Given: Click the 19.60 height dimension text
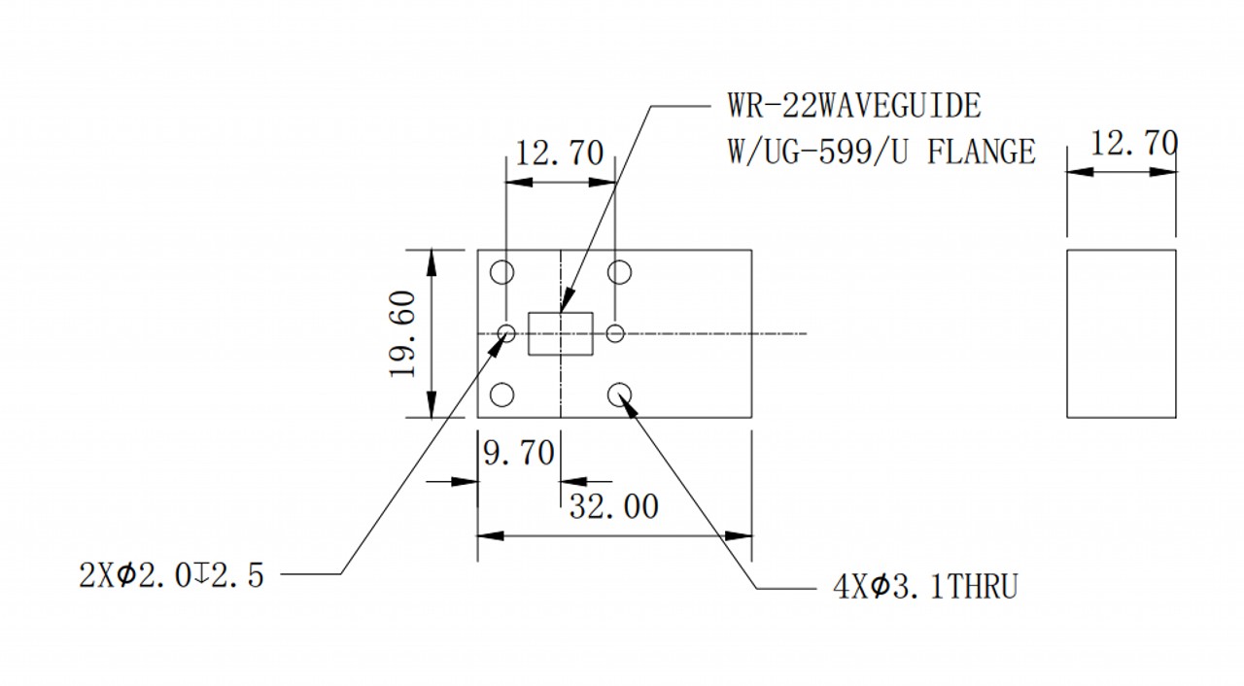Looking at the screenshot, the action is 403,334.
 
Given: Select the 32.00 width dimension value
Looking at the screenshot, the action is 613,506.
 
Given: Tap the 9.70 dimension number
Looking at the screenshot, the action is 519,453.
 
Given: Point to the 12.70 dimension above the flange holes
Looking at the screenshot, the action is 559,154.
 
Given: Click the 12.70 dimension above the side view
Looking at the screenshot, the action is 1134,143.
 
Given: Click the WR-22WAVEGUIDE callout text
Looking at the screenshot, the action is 854,106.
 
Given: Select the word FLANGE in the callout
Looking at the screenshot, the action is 982,152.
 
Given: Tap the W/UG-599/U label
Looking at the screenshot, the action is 817,152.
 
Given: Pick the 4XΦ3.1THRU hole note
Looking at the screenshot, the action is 925,587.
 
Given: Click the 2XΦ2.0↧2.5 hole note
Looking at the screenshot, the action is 171,575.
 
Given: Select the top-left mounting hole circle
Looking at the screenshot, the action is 502,261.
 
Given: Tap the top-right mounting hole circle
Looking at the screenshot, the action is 619,261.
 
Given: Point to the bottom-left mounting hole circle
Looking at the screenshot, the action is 502,384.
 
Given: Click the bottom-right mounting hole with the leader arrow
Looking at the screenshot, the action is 619,384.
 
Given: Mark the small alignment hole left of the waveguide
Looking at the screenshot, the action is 506,326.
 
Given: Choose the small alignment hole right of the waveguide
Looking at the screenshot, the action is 615,326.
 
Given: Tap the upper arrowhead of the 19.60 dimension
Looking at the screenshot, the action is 432,262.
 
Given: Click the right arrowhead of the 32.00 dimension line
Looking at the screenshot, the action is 739,536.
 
